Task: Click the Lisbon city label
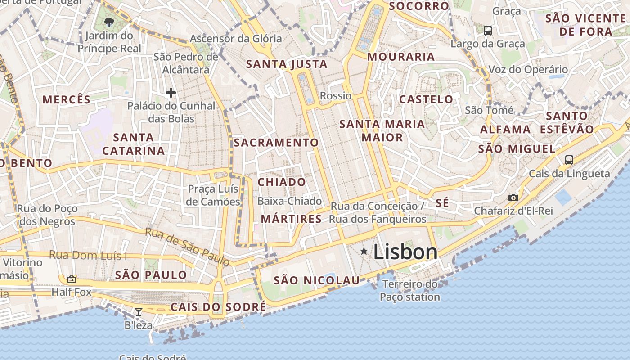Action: tap(405, 252)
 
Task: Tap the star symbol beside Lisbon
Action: tap(364, 251)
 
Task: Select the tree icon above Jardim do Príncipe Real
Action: tap(109, 22)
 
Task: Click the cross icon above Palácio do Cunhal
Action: tap(171, 93)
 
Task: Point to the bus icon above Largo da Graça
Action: tap(487, 31)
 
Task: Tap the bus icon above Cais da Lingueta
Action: tap(569, 160)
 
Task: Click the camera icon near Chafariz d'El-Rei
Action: tap(513, 198)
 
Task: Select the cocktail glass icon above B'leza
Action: tap(139, 311)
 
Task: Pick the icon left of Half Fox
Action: tap(71, 279)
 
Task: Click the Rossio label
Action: tap(336, 96)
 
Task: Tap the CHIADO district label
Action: tap(282, 182)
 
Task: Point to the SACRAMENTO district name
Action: tap(276, 143)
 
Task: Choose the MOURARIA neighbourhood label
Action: tap(401, 57)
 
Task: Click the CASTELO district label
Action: tap(426, 99)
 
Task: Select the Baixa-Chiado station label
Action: tap(289, 201)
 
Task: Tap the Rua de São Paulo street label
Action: tap(187, 247)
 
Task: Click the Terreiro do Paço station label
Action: tap(409, 290)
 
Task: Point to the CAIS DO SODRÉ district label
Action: tap(218, 307)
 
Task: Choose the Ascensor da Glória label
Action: tap(236, 39)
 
